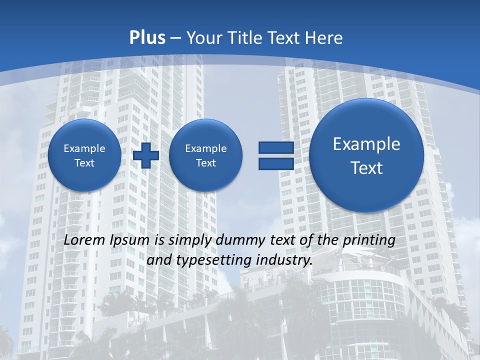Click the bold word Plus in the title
147,38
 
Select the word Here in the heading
325,38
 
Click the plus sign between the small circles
146,155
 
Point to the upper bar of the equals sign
275,147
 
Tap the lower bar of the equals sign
275,163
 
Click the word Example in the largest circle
366,144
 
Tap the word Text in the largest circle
366,168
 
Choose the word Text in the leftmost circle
84,163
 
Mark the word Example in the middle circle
205,148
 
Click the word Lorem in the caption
85,240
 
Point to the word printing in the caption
369,240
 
